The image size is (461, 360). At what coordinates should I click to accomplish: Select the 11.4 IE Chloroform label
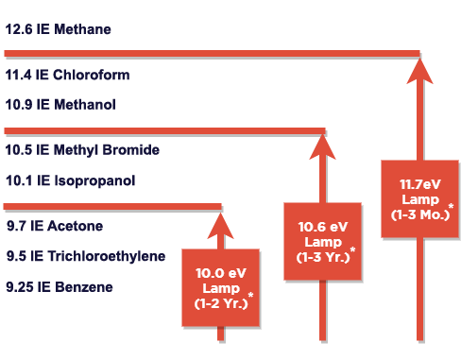click(x=67, y=75)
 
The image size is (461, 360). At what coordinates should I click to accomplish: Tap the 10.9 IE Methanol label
click(x=60, y=104)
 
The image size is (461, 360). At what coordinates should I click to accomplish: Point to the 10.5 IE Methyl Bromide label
click(x=82, y=149)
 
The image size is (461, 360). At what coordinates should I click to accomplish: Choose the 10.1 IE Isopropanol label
click(x=71, y=180)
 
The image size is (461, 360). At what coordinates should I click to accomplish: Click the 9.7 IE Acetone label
click(x=55, y=226)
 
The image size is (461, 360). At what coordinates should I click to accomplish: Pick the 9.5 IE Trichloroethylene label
click(x=86, y=256)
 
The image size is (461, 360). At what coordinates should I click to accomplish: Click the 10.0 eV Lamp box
click(x=219, y=287)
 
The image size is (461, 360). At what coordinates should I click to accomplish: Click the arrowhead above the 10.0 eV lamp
click(x=220, y=224)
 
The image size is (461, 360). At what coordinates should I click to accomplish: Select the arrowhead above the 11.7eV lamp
click(x=419, y=70)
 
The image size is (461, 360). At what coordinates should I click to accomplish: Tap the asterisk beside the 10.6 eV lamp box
click(x=352, y=249)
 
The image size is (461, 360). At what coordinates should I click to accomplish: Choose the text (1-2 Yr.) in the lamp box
click(x=218, y=304)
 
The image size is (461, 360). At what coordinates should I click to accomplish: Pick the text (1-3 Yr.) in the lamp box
click(x=320, y=257)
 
